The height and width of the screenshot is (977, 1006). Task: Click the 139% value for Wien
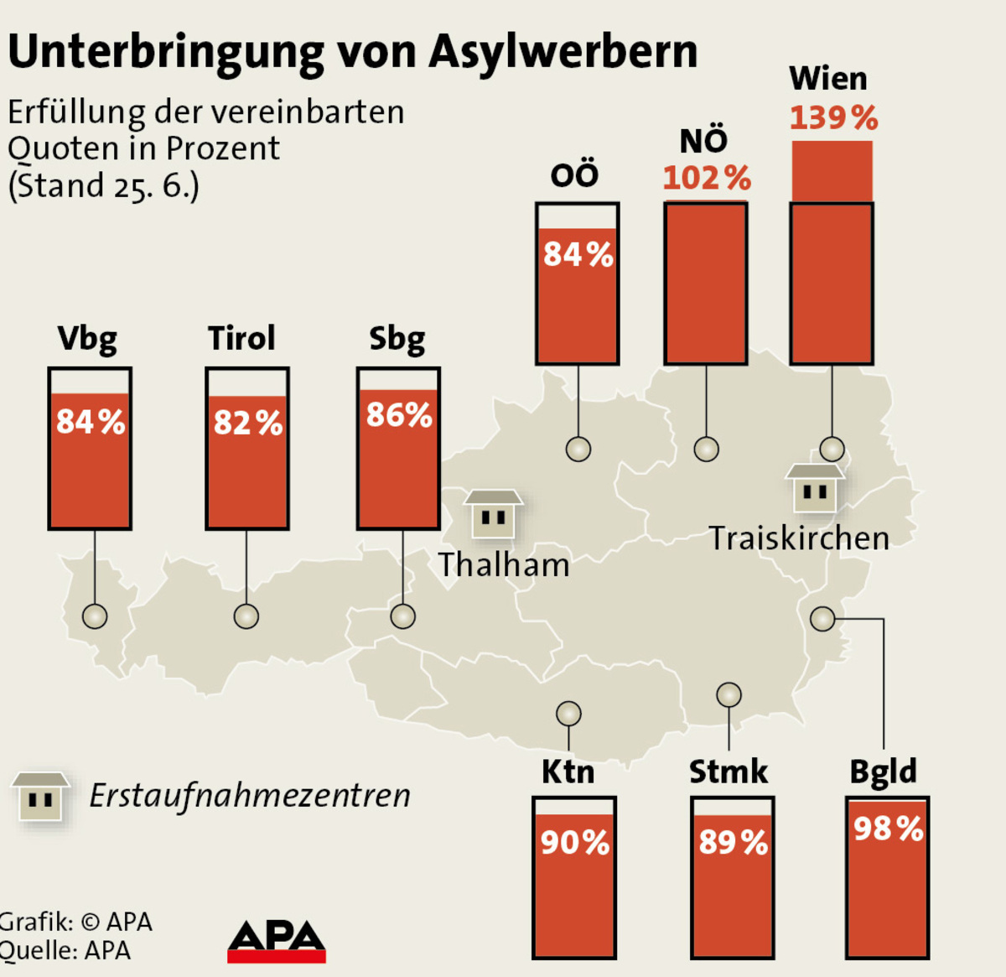click(833, 118)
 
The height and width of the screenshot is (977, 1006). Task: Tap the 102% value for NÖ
click(707, 178)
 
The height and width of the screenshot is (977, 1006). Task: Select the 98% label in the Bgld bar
click(888, 829)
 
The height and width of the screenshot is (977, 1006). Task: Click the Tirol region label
click(241, 338)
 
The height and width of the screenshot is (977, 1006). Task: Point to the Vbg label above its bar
click(87, 339)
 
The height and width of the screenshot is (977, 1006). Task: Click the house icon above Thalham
click(493, 513)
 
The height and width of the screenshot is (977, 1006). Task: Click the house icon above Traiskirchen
click(815, 488)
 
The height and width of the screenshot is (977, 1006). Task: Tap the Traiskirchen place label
click(799, 538)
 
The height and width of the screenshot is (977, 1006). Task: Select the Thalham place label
click(504, 565)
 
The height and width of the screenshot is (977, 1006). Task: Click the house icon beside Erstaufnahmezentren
click(40, 797)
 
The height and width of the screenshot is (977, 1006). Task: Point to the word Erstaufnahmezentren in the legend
click(250, 795)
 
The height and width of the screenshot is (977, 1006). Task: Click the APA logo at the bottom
click(277, 942)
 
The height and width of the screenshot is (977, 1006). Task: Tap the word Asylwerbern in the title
click(563, 52)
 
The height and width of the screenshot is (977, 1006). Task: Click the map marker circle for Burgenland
click(822, 619)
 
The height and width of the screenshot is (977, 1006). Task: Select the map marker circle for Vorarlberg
click(95, 616)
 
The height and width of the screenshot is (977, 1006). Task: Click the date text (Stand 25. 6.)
click(104, 185)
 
